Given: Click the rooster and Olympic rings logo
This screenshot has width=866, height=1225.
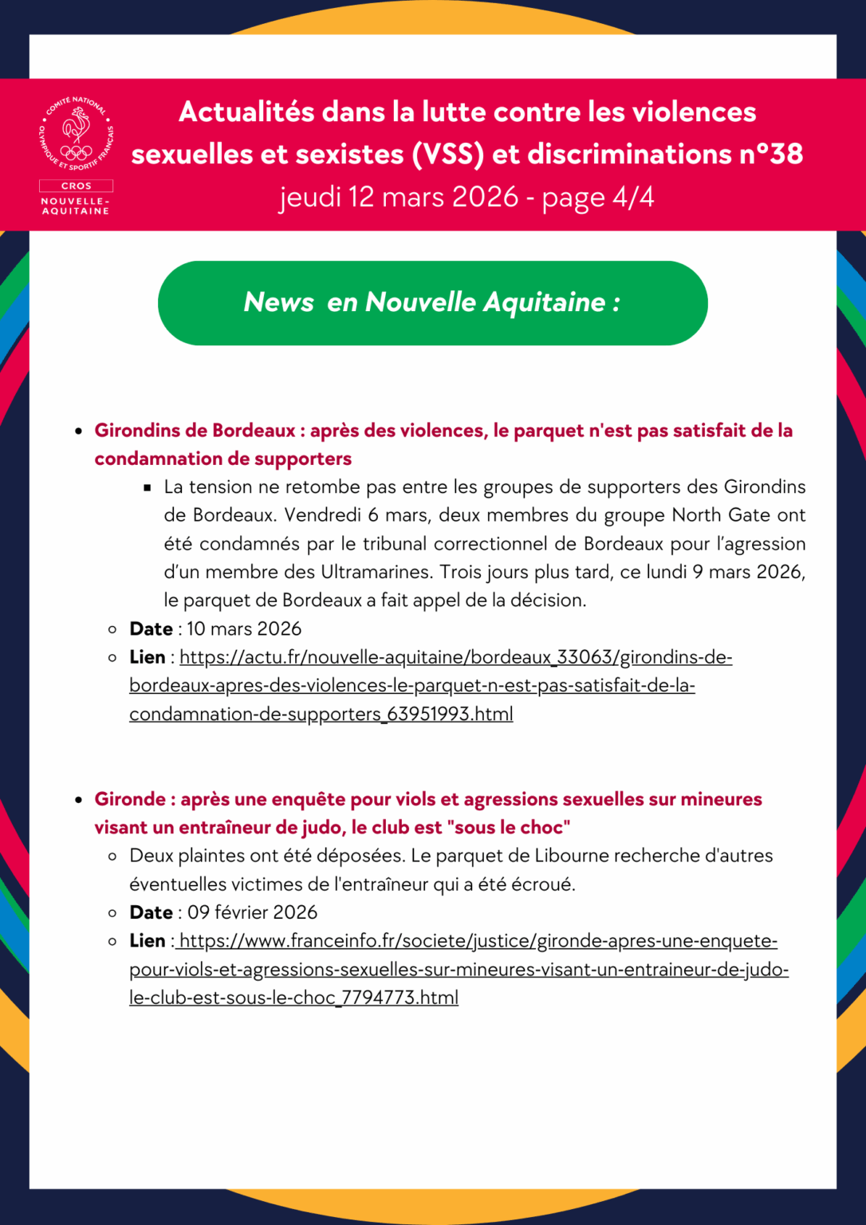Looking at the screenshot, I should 76,134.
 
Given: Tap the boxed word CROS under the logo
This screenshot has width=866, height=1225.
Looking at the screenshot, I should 76,186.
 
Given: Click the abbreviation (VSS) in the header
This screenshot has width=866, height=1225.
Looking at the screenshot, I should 447,154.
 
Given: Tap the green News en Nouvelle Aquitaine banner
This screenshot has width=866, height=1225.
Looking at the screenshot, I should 432,303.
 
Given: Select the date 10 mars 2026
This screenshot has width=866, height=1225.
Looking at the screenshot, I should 244,629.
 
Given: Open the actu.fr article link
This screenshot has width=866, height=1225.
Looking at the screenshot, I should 431,685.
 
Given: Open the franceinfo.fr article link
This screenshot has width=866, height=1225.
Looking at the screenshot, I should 459,969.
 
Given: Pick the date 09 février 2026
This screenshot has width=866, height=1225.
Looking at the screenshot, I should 252,912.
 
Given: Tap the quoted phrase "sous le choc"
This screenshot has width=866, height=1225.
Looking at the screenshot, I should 512,828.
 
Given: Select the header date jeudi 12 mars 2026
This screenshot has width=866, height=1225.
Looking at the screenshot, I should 399,197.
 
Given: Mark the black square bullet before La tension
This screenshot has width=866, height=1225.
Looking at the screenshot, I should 148,487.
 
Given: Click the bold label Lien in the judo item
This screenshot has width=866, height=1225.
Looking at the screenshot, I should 148,941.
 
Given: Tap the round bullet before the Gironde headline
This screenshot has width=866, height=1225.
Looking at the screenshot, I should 78,800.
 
